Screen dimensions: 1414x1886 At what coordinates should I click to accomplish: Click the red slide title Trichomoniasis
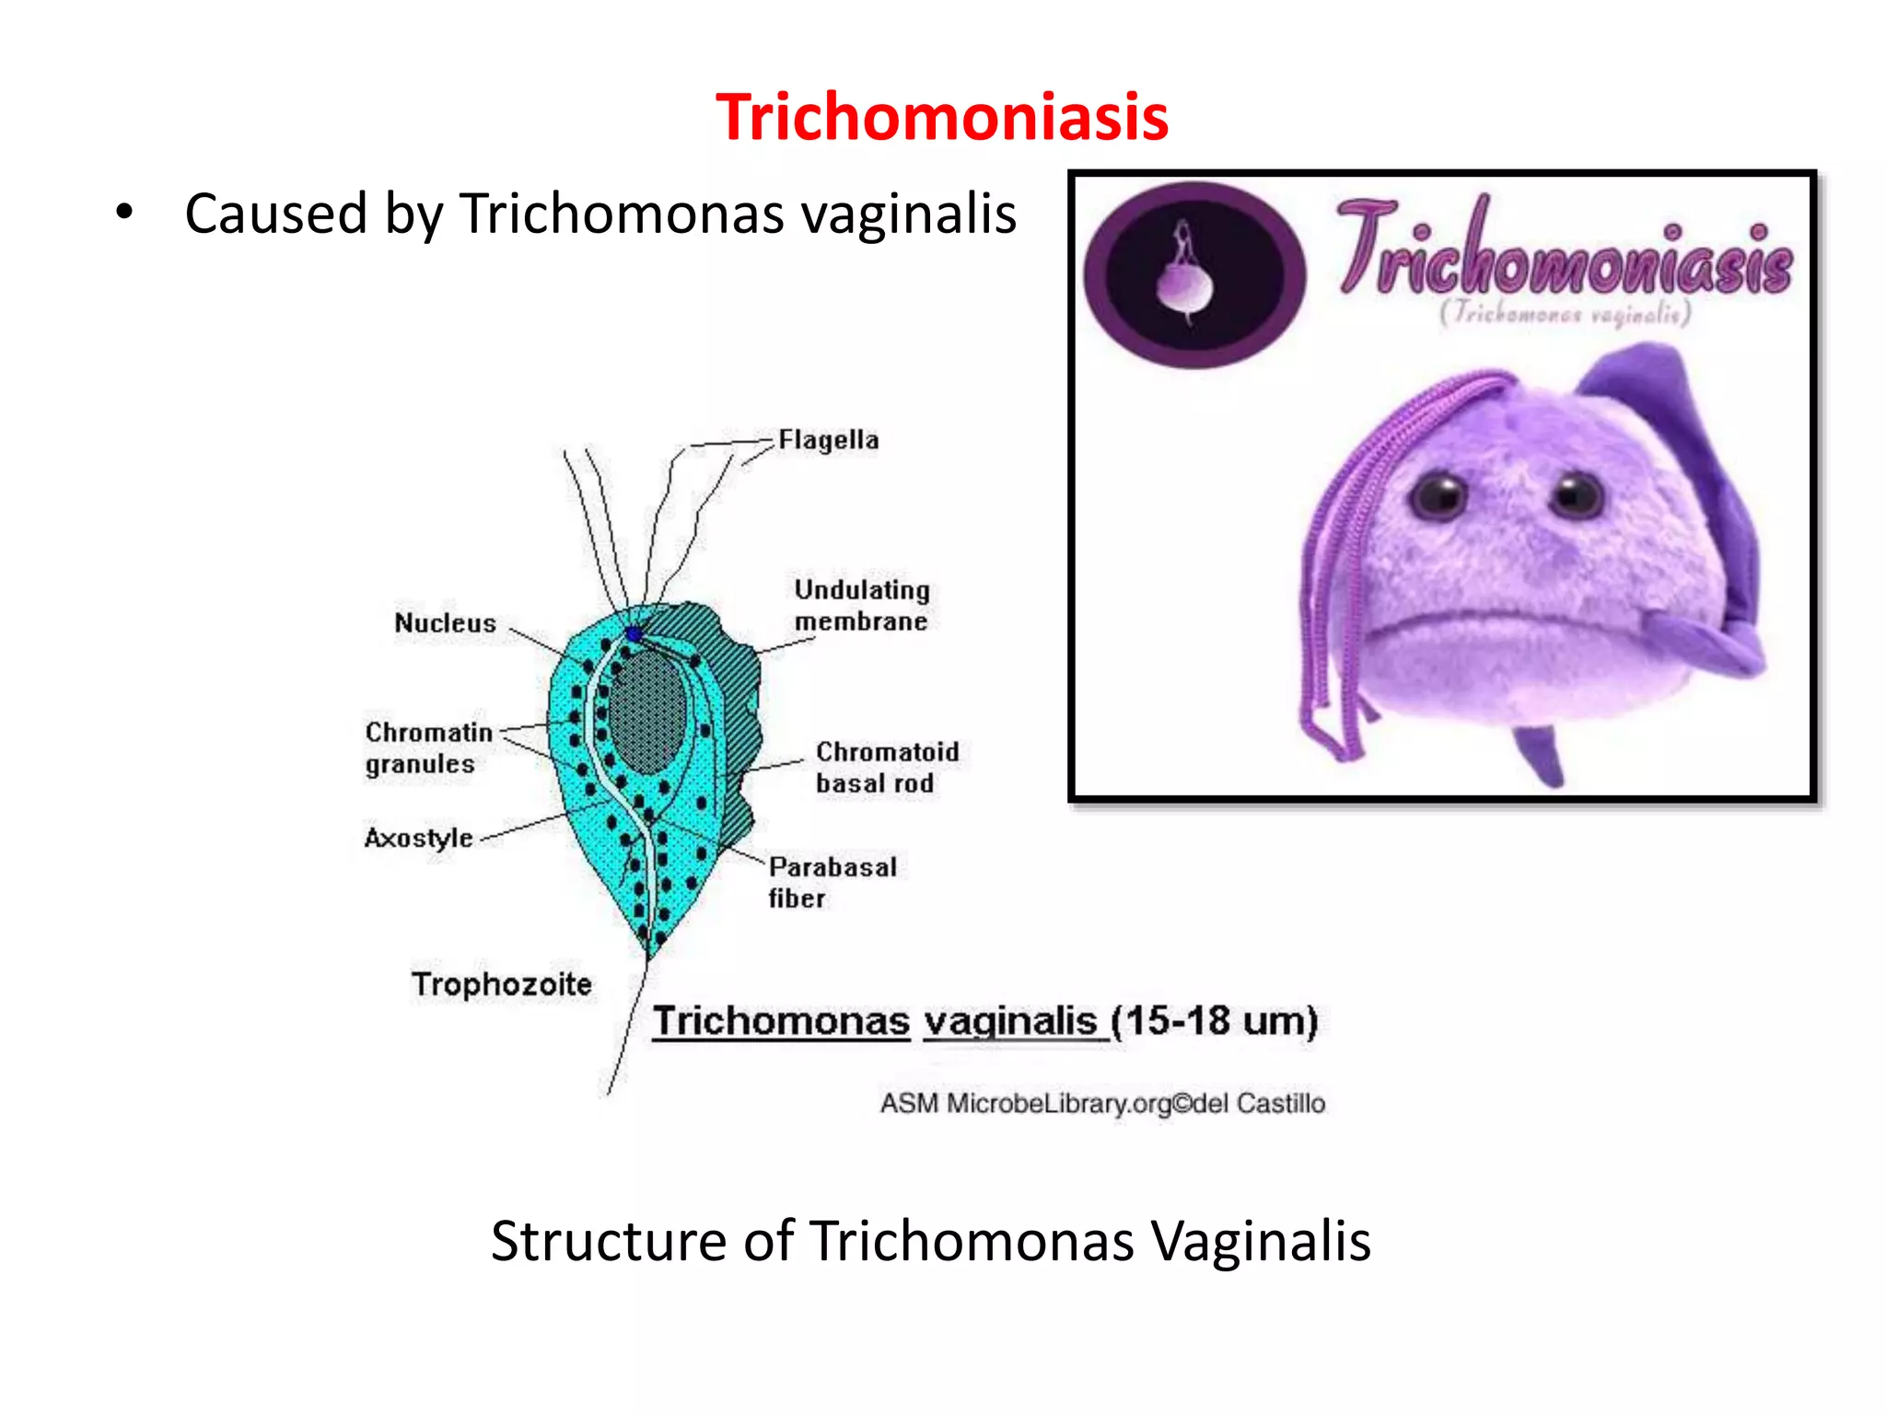pyautogui.click(x=942, y=118)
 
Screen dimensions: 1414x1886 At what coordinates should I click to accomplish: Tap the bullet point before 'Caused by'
pyautogui.click(x=124, y=213)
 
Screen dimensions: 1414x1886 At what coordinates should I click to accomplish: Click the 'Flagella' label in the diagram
pyautogui.click(x=828, y=440)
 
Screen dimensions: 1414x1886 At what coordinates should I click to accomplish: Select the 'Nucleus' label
pyautogui.click(x=445, y=623)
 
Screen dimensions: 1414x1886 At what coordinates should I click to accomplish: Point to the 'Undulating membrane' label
pyautogui.click(x=861, y=606)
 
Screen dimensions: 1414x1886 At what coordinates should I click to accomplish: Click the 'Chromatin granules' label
pyautogui.click(x=427, y=748)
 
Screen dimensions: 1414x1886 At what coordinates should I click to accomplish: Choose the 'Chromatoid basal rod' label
pyautogui.click(x=886, y=767)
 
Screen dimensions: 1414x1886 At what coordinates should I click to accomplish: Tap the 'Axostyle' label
pyautogui.click(x=419, y=838)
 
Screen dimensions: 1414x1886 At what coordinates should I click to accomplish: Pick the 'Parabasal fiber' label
pyautogui.click(x=832, y=882)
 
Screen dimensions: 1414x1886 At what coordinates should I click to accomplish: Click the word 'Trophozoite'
pyautogui.click(x=501, y=984)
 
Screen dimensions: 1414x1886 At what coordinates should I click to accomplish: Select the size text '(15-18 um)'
pyautogui.click(x=1214, y=1021)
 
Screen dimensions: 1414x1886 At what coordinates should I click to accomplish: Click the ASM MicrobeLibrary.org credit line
pyautogui.click(x=1102, y=1103)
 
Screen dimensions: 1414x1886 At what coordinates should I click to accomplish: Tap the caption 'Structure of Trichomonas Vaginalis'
pyautogui.click(x=930, y=1241)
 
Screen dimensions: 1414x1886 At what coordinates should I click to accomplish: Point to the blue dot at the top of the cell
pyautogui.click(x=634, y=633)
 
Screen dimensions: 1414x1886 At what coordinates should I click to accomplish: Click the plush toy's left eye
pyautogui.click(x=1438, y=496)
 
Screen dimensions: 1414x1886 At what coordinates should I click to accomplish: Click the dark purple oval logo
pyautogui.click(x=1194, y=274)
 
